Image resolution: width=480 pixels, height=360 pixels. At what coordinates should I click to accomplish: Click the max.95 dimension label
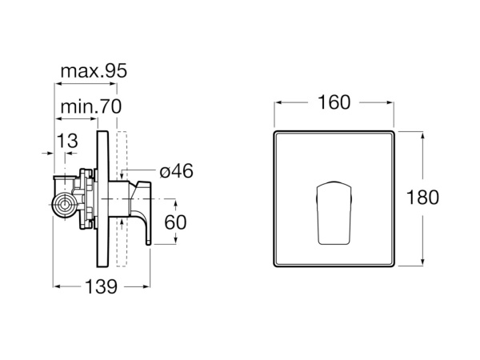(x=94, y=71)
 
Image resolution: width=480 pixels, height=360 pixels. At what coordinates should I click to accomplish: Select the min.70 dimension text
(x=91, y=106)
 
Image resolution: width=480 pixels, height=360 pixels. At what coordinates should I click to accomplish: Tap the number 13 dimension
(x=68, y=141)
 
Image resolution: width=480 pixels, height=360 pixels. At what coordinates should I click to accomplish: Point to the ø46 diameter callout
(x=177, y=171)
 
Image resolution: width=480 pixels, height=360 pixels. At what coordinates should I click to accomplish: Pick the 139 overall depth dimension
(x=101, y=287)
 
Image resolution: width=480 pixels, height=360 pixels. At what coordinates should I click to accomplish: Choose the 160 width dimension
(x=334, y=102)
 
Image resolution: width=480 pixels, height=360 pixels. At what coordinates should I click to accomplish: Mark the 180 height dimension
(x=422, y=197)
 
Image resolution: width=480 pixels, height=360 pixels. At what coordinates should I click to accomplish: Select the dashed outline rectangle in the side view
(x=122, y=199)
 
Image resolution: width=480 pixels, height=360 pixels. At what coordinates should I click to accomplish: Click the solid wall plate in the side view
(x=102, y=199)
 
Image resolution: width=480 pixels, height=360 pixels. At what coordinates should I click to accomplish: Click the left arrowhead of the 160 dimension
(x=278, y=102)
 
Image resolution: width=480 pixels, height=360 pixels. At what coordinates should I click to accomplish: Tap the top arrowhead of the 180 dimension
(x=422, y=135)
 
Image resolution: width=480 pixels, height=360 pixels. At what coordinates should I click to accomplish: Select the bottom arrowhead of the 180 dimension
(x=422, y=262)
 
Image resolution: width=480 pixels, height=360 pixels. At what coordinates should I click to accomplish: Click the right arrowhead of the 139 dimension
(x=146, y=286)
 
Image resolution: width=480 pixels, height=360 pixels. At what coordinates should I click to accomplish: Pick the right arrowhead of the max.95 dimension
(x=114, y=83)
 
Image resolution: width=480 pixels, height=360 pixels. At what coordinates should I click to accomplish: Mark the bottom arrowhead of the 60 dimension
(x=176, y=240)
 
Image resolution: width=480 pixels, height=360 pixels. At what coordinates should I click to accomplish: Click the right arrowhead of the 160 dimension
(x=390, y=102)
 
